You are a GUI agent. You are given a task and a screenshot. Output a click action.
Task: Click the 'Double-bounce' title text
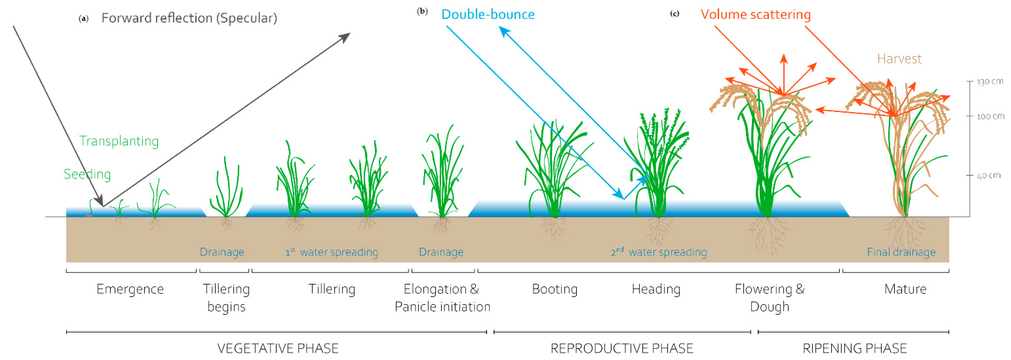(488, 15)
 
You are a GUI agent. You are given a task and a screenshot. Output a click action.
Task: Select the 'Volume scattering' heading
(756, 15)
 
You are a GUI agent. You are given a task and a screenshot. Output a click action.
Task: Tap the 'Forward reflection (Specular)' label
(189, 18)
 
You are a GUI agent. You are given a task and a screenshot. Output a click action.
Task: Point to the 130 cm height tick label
(989, 82)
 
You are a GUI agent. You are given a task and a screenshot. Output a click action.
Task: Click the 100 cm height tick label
(990, 116)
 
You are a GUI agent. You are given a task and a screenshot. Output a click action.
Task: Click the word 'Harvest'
(899, 59)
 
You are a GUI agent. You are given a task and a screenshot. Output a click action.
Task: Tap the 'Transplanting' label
(119, 141)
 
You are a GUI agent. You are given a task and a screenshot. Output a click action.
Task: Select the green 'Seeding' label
(87, 174)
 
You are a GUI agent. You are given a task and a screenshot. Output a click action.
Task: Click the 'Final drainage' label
(901, 252)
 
